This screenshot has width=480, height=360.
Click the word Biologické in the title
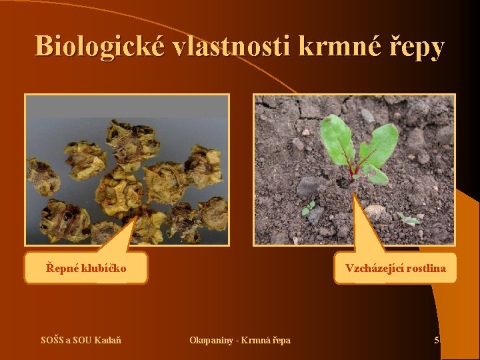(x=101, y=47)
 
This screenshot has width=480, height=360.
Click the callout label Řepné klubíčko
(x=86, y=269)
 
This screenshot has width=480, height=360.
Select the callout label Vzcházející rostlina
(x=395, y=269)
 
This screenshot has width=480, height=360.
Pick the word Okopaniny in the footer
(x=210, y=341)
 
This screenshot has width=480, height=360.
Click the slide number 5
(x=437, y=341)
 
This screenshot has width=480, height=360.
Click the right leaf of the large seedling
(x=379, y=145)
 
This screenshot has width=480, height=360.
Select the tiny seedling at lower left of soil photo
(x=309, y=209)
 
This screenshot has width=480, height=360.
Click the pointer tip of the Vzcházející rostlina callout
(x=353, y=193)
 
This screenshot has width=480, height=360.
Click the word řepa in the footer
(x=280, y=341)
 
